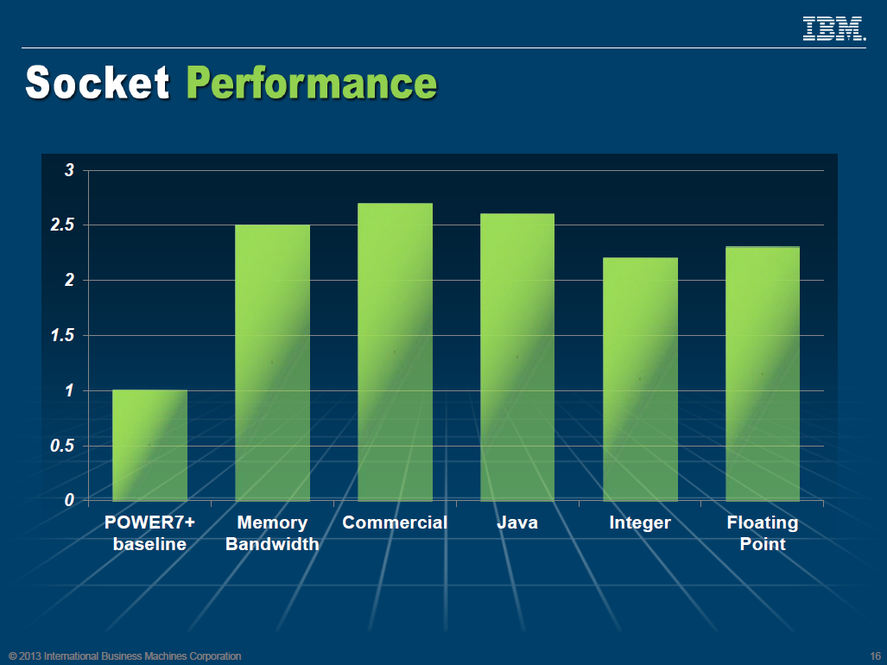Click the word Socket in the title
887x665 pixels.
click(x=98, y=83)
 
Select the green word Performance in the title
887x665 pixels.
click(x=312, y=84)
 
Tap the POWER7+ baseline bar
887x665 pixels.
click(x=149, y=446)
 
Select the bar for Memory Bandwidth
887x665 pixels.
click(x=272, y=363)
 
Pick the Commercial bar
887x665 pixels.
click(x=395, y=352)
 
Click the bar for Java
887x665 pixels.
click(x=517, y=357)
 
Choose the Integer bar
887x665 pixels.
click(x=640, y=379)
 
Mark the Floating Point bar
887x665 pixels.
click(x=763, y=374)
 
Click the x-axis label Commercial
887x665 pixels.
click(x=395, y=523)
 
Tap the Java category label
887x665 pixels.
click(x=517, y=523)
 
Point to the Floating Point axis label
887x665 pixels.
click(x=763, y=534)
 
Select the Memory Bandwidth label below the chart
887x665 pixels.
click(x=272, y=534)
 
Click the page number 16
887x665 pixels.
click(x=875, y=656)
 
